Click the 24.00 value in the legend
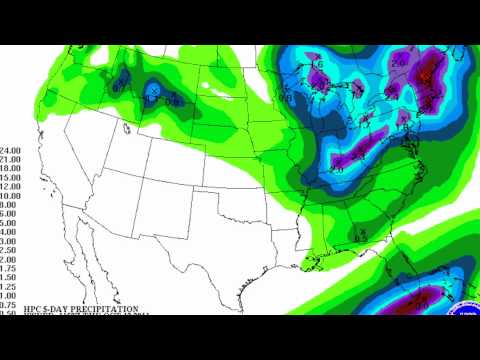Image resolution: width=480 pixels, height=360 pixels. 12,150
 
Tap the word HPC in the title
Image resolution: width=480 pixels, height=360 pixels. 14,308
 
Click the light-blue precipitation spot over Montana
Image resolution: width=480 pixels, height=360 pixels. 153,91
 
